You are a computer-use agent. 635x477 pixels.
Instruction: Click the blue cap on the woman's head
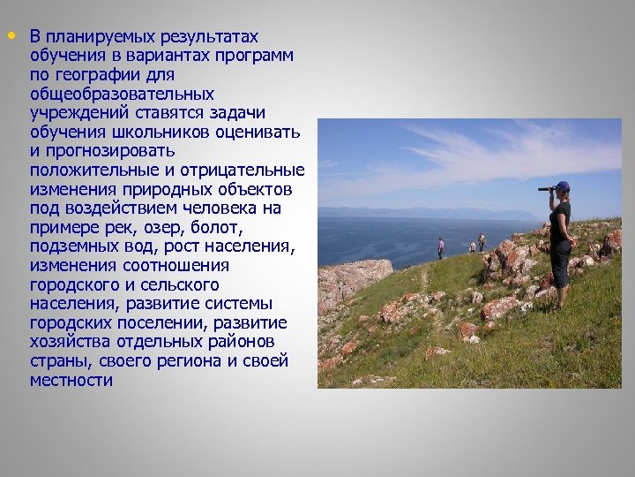coord(562,185)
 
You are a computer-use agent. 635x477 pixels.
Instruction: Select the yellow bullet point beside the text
coord(11,36)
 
